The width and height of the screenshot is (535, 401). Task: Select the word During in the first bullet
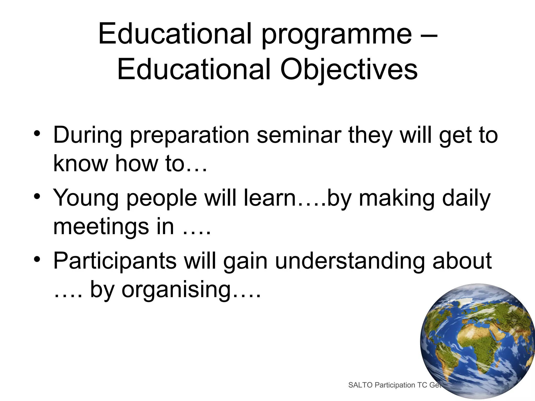pyautogui.click(x=88, y=135)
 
